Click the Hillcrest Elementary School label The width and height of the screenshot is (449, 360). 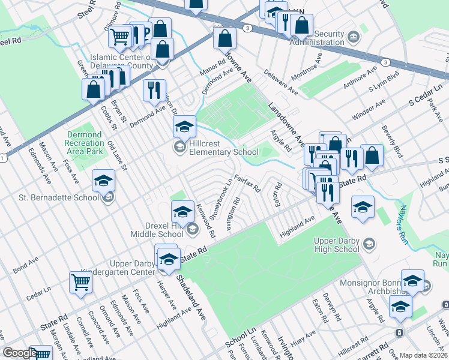[215, 148]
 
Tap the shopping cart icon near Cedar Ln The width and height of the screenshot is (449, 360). [80, 282]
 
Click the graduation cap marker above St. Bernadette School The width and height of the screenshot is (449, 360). [103, 181]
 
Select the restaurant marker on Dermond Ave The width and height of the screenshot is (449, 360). [154, 91]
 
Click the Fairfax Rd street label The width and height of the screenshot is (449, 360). [247, 182]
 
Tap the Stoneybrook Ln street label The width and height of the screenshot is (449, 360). [221, 199]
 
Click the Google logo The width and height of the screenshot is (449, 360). [20, 353]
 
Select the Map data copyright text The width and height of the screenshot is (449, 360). [424, 355]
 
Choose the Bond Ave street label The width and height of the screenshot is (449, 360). [25, 264]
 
